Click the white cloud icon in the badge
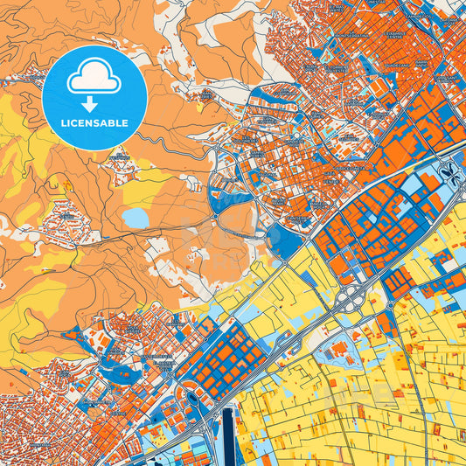tap(94, 80)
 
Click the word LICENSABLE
tap(94, 123)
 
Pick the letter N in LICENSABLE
tap(94, 123)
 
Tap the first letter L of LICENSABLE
tap(64, 123)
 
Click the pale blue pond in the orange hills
tap(135, 217)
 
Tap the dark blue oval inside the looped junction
tap(193, 400)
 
